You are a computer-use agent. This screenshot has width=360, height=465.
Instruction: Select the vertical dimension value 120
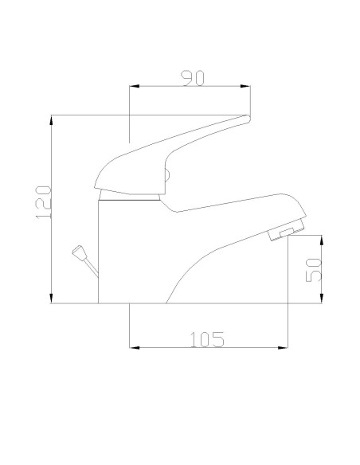pos(45,202)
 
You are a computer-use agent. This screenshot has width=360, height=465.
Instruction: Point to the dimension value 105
pos(207,339)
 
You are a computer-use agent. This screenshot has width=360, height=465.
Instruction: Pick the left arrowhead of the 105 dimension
pos(134,348)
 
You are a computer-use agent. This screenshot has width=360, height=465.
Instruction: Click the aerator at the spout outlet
pos(282,232)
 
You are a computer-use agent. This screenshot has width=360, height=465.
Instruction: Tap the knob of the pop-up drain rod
pos(77,252)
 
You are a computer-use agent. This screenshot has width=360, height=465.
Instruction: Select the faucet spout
pos(239,211)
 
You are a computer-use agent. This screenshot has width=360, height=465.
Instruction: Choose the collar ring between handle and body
pos(131,196)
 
